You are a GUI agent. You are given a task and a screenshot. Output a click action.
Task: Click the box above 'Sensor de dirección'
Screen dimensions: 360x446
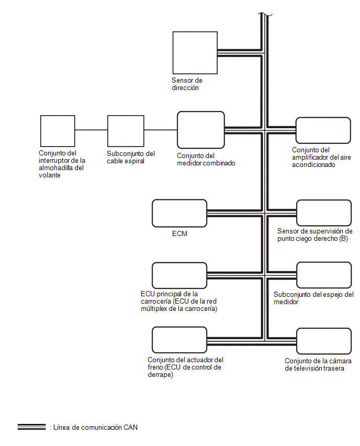click(x=195, y=53)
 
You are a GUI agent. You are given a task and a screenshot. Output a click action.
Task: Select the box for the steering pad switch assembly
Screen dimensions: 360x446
click(x=58, y=131)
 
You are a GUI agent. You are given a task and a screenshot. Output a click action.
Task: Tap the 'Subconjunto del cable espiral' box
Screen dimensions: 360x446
click(x=126, y=131)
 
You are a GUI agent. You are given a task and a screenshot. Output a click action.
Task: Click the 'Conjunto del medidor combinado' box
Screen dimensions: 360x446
click(x=201, y=130)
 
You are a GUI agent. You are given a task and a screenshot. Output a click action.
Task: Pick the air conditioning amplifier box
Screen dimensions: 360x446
click(x=323, y=130)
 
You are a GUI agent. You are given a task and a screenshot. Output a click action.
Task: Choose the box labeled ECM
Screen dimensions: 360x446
click(x=179, y=213)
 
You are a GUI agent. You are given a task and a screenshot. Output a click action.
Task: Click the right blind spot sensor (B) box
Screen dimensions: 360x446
click(x=324, y=213)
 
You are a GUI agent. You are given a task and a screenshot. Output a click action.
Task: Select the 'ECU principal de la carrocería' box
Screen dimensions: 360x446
click(x=179, y=275)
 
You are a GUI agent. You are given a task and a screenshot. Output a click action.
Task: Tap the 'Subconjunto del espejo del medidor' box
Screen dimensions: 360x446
click(x=324, y=275)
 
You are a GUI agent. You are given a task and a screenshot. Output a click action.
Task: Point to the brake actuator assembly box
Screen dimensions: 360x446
click(x=179, y=340)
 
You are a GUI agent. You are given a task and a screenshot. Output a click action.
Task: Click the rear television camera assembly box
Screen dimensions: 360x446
click(x=324, y=341)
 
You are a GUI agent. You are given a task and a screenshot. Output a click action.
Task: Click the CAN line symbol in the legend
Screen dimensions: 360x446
click(x=31, y=427)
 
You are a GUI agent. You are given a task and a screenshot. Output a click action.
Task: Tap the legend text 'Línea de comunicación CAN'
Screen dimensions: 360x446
click(x=95, y=427)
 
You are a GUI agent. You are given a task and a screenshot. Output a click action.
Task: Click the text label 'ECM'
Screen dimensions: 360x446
click(x=179, y=233)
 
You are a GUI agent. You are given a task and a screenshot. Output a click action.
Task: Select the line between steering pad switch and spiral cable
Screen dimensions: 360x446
click(x=91, y=130)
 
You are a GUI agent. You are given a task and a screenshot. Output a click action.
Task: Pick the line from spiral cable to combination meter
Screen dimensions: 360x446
click(x=161, y=130)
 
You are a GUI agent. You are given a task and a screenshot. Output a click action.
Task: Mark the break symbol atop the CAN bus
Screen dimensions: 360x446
click(x=265, y=14)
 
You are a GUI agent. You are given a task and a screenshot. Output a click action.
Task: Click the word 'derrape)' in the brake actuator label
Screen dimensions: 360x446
click(x=161, y=375)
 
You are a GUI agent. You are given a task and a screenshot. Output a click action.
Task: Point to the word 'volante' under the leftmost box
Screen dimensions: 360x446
click(x=50, y=175)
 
